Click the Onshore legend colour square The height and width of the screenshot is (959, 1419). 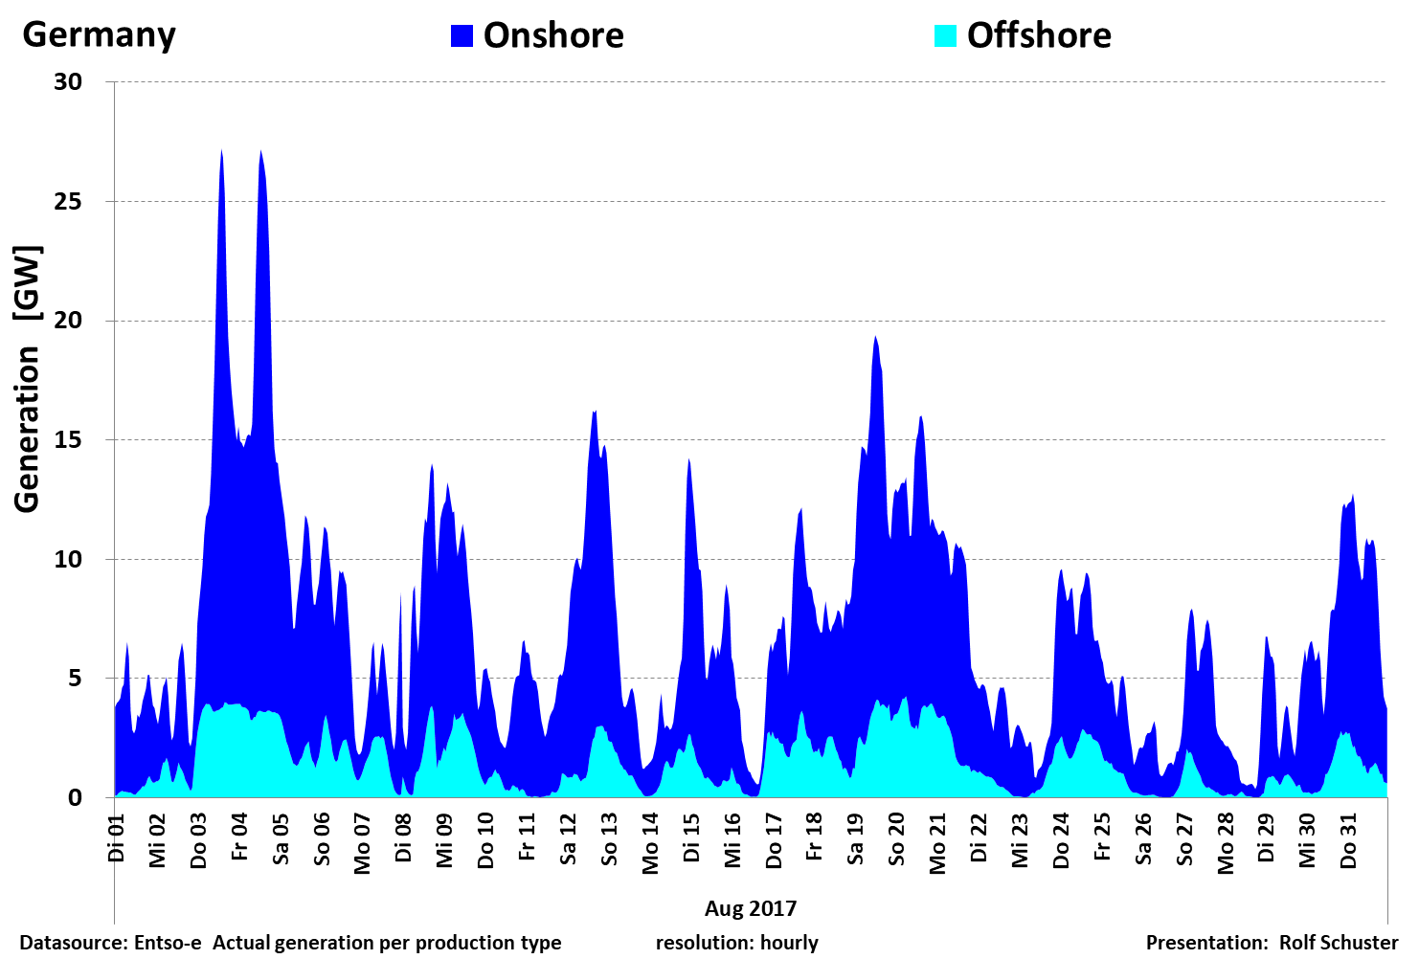pyautogui.click(x=462, y=36)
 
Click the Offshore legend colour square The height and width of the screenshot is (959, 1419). pyautogui.click(x=945, y=36)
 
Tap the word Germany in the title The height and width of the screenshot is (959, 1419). pyautogui.click(x=100, y=34)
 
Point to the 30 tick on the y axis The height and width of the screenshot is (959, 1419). pyautogui.click(x=68, y=82)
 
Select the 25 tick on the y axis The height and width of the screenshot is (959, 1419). pyautogui.click(x=68, y=202)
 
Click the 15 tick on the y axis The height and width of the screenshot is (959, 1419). pyautogui.click(x=68, y=440)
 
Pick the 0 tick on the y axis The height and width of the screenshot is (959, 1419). pyautogui.click(x=76, y=798)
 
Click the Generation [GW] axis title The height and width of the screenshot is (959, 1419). pyautogui.click(x=27, y=380)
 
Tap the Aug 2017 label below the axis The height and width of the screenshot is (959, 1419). pyautogui.click(x=751, y=908)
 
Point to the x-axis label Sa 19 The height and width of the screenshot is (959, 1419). pyautogui.click(x=855, y=838)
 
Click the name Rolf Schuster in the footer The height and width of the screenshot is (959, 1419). pyautogui.click(x=1339, y=943)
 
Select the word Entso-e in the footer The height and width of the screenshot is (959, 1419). pyautogui.click(x=168, y=943)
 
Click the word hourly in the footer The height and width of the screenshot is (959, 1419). pyautogui.click(x=789, y=943)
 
